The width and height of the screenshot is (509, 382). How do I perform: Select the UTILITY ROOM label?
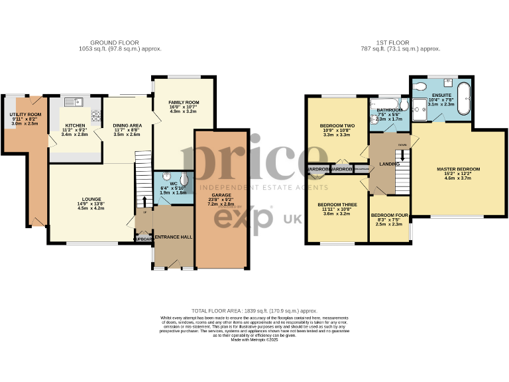25,115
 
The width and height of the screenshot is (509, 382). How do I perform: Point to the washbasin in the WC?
160,178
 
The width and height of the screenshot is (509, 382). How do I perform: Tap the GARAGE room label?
221,195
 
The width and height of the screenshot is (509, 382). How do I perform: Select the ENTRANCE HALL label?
173,237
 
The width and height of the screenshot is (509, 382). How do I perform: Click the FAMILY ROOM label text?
176,102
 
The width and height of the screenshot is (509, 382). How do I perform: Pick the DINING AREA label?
127,125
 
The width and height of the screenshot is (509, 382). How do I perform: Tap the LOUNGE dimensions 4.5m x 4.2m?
91,208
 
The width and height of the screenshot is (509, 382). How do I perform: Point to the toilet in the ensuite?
418,87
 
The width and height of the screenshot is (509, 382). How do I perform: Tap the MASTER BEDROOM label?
458,169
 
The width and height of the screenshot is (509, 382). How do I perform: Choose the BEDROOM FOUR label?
389,216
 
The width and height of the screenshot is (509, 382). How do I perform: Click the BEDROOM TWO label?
337,125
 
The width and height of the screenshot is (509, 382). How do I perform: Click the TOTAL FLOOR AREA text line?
254,310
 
